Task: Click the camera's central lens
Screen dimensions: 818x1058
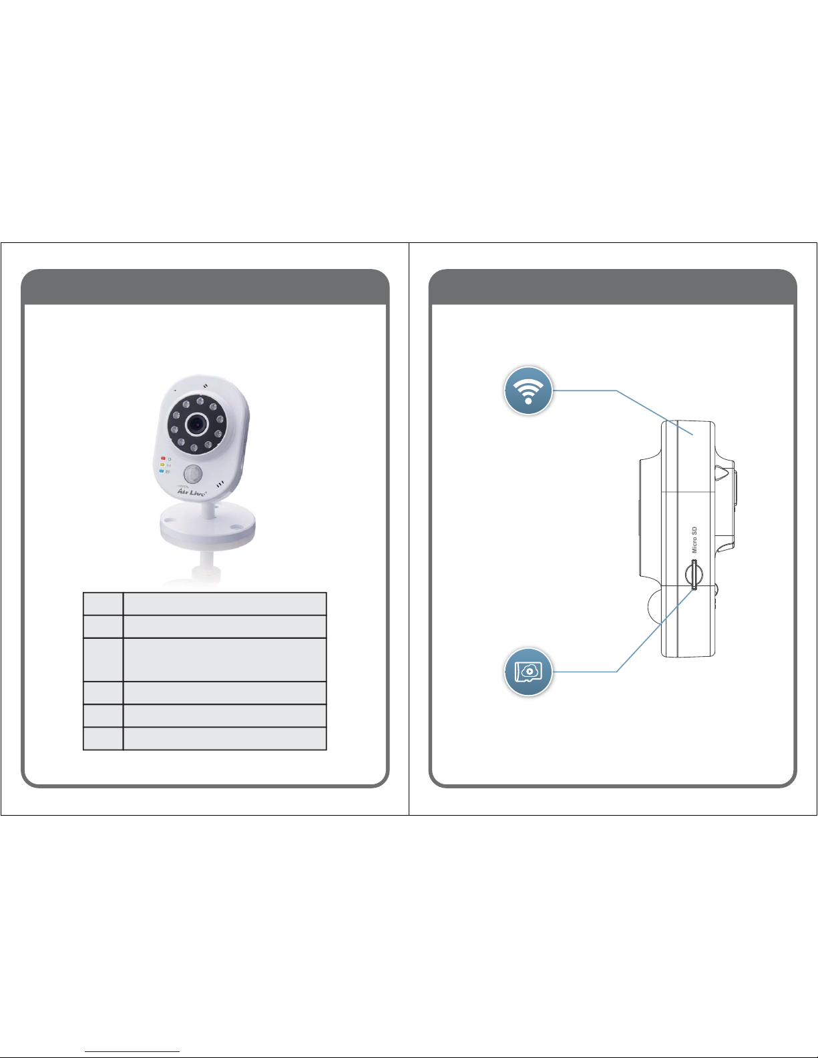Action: tap(196, 423)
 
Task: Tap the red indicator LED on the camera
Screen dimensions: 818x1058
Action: tap(163, 459)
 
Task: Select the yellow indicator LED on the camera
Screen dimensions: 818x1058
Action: tap(162, 465)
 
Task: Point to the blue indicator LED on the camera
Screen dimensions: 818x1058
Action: tap(162, 471)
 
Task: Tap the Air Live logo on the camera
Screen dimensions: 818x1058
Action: tap(192, 492)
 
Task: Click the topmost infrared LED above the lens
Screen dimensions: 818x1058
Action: tap(200, 402)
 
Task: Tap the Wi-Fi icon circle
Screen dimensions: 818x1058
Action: tap(528, 390)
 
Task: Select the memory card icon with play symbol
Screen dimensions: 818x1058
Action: tap(528, 672)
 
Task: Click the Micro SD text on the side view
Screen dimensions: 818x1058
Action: tap(694, 540)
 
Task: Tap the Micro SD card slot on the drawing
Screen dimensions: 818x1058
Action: tap(694, 575)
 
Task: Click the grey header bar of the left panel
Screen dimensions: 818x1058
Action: tap(205, 287)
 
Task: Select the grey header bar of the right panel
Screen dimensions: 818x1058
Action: tap(612, 287)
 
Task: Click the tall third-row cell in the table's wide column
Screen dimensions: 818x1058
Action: tap(225, 659)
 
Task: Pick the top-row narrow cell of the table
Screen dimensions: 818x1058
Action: tap(103, 603)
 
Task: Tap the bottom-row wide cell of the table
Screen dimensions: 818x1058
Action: tap(225, 738)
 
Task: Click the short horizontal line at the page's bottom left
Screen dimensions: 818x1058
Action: tap(133, 1052)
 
